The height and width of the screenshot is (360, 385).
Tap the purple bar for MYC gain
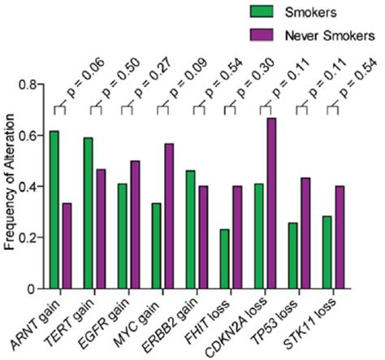[x=168, y=216]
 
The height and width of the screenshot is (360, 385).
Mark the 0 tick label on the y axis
[x=36, y=288]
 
